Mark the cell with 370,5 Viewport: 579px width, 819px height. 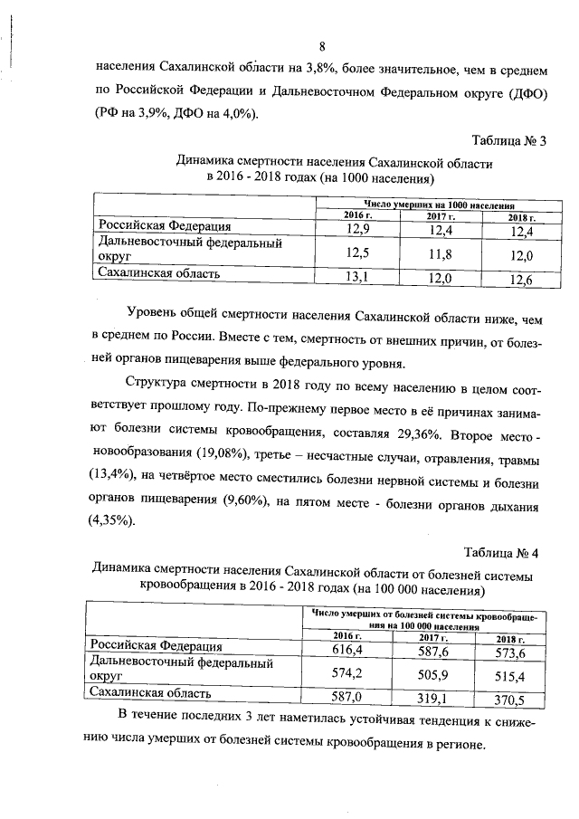click(517, 699)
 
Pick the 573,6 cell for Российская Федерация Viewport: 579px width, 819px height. click(517, 652)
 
